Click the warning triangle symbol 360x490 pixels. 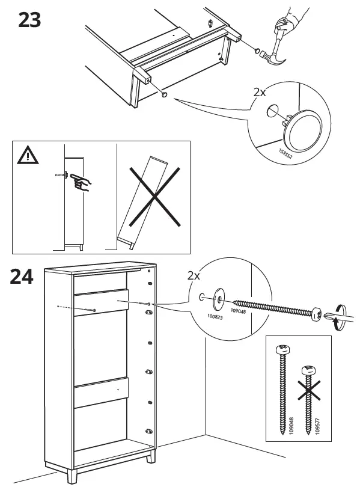pos(27,156)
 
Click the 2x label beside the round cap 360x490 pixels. pos(260,93)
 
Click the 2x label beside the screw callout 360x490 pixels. pos(194,276)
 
